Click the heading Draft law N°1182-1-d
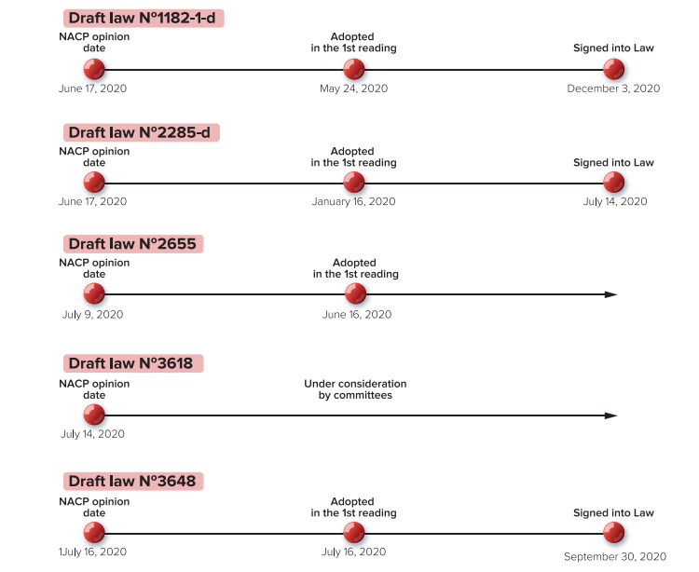[143, 19]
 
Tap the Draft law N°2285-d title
[140, 133]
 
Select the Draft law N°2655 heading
[132, 244]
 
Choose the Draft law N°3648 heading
[132, 481]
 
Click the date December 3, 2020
[613, 89]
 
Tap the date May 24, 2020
[353, 89]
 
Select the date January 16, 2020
[353, 202]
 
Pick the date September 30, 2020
[615, 557]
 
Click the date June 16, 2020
[357, 315]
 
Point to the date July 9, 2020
[92, 315]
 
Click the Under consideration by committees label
[355, 389]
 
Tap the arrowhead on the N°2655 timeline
[611, 294]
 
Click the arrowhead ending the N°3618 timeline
[611, 415]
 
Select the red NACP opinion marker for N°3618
[94, 415]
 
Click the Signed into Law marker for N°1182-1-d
[614, 69]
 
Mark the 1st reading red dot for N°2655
[356, 293]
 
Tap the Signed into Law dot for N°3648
[614, 532]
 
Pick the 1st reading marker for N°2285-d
[354, 183]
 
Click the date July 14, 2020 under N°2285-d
[615, 202]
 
